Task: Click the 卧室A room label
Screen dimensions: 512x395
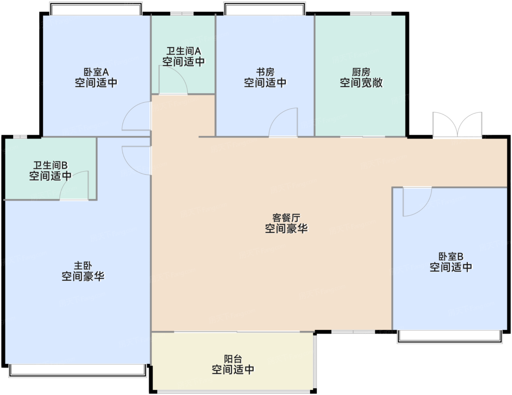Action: point(96,72)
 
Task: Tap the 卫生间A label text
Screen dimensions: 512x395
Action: point(184,51)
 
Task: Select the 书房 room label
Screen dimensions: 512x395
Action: point(265,72)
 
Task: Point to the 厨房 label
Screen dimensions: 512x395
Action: point(361,72)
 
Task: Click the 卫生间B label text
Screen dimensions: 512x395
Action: point(50,165)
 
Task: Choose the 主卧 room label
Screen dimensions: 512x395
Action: point(83,266)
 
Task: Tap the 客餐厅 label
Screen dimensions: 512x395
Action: point(286,218)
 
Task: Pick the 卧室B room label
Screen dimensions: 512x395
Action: point(451,256)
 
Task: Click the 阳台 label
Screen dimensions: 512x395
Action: point(233,359)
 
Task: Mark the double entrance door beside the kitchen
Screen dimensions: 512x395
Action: point(458,125)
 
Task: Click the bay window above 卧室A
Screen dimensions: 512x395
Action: point(96,8)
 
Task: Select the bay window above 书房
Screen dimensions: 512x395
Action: point(265,8)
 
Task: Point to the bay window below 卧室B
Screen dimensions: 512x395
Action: point(450,337)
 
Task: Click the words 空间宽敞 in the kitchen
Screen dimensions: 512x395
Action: point(361,83)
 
